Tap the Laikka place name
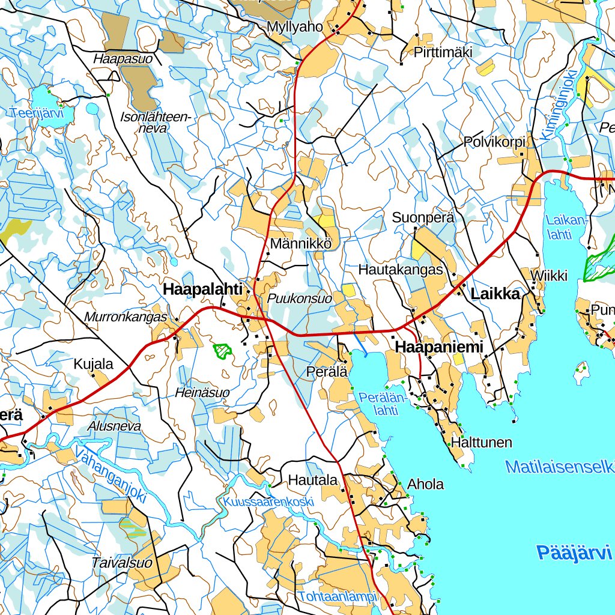(495, 294)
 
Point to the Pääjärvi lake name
(574, 552)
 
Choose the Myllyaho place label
(295, 27)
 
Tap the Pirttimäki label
(443, 53)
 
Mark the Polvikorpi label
(494, 142)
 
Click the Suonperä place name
(423, 218)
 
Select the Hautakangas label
(400, 270)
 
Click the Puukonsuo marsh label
(300, 298)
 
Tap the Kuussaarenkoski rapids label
(268, 501)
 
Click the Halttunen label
(482, 443)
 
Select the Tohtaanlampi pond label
(336, 596)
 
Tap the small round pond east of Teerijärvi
(92, 109)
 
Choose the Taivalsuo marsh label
(121, 563)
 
